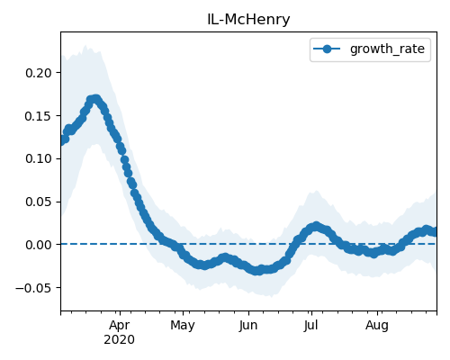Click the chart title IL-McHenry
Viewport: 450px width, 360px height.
pyautogui.click(x=248, y=20)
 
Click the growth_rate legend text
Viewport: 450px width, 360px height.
pyautogui.click(x=387, y=49)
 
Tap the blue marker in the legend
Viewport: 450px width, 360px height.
pyautogui.click(x=327, y=49)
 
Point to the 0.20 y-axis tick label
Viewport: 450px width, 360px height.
pyautogui.click(x=39, y=73)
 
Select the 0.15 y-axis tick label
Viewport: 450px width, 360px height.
pyautogui.click(x=39, y=116)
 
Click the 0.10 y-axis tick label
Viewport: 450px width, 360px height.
pyautogui.click(x=39, y=158)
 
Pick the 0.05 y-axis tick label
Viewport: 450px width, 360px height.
pyautogui.click(x=39, y=202)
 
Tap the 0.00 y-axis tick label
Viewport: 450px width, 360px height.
pyautogui.click(x=39, y=245)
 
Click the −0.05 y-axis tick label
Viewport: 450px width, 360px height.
pyautogui.click(x=33, y=288)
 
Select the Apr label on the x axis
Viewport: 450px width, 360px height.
pyautogui.click(x=120, y=326)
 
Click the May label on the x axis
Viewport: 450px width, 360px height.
pyautogui.click(x=183, y=326)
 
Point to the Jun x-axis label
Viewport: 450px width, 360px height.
pyautogui.click(x=248, y=326)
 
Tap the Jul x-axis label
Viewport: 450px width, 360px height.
pyautogui.click(x=310, y=326)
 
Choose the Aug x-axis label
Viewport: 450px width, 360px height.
pyautogui.click(x=377, y=326)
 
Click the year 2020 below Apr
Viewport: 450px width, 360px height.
pyautogui.click(x=119, y=340)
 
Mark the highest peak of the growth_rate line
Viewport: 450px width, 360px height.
pyautogui.click(x=95, y=99)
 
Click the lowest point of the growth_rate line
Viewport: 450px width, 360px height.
pyautogui.click(x=257, y=271)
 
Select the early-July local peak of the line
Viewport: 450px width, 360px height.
pyautogui.click(x=316, y=226)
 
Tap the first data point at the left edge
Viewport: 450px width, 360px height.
pyautogui.click(x=61, y=140)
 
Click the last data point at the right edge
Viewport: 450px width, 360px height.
pyautogui.click(x=435, y=232)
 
